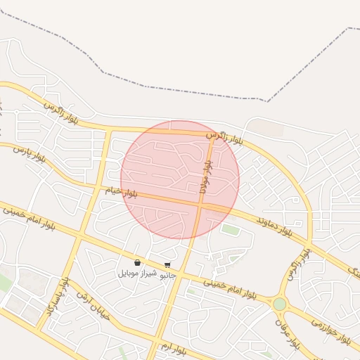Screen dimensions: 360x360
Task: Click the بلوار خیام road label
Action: click(122, 191)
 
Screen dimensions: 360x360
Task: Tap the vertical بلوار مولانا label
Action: click(204, 176)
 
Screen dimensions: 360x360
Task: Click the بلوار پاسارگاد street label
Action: click(58, 296)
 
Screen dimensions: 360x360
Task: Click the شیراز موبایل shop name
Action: click(136, 272)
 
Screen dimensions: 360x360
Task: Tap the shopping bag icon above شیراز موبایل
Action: click(137, 263)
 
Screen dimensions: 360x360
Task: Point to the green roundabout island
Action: click(280, 304)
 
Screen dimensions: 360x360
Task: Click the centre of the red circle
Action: click(180, 179)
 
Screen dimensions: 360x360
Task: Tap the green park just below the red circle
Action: click(230, 229)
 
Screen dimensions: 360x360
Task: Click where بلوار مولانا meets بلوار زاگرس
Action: click(214, 136)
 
